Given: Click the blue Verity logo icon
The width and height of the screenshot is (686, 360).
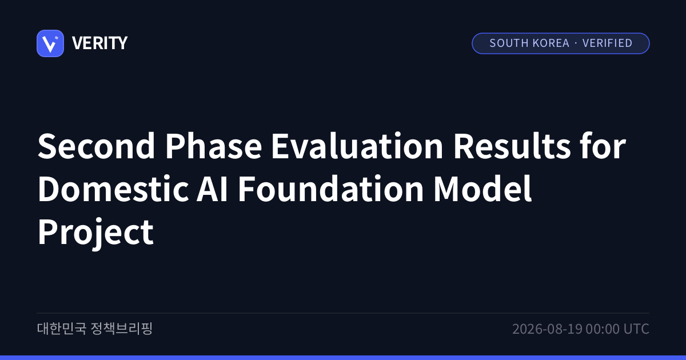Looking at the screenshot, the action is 50,43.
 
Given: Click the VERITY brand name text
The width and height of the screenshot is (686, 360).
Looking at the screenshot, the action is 99,43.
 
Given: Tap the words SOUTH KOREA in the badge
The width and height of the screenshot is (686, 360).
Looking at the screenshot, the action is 529,43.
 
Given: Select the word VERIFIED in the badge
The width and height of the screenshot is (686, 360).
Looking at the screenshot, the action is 607,43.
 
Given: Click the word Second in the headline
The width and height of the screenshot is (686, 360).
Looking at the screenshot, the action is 97,146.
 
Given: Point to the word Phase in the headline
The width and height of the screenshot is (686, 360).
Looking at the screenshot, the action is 213,146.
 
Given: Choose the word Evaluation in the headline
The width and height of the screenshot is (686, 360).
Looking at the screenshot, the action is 357,146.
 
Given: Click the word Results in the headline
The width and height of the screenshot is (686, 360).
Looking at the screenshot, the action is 512,146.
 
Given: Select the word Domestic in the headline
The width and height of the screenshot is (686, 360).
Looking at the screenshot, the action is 113,189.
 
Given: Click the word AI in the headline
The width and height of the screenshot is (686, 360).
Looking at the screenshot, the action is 212,189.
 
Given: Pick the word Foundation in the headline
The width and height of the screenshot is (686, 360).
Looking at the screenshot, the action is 331,189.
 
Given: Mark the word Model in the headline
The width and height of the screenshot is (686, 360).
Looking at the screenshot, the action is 482,189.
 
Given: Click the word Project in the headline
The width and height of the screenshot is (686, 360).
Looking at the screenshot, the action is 95,233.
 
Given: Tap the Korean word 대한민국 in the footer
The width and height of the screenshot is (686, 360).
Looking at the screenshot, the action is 62,329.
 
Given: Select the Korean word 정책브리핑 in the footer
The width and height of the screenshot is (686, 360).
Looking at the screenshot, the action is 122,329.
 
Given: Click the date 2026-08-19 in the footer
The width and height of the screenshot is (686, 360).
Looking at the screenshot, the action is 547,329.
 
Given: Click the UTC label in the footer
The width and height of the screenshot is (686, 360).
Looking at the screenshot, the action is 636,329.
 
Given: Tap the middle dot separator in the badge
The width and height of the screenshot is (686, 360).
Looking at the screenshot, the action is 576,43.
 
